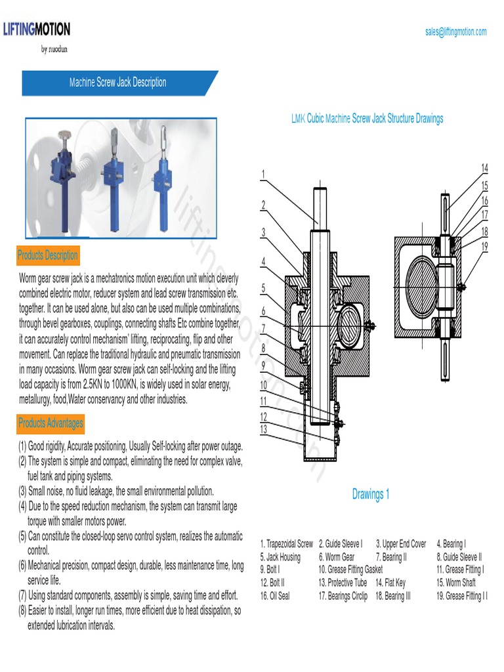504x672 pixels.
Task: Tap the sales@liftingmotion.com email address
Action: click(455, 31)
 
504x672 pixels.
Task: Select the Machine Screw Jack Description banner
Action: click(118, 83)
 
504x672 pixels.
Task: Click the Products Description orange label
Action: click(48, 255)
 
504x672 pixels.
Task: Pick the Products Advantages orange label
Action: click(51, 423)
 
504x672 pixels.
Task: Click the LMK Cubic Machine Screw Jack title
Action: click(367, 119)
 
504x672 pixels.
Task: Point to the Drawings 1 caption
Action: click(370, 494)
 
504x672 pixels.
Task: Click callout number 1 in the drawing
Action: click(262, 175)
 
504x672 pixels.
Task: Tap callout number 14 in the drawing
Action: click(484, 168)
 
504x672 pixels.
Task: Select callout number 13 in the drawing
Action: click(264, 429)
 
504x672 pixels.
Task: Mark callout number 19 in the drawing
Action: click(484, 247)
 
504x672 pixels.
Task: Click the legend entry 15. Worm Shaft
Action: click(455, 582)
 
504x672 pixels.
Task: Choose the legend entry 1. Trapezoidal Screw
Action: click(286, 544)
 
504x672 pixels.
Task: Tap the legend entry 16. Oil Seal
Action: click(275, 596)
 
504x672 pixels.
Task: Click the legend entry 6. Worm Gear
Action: click(337, 557)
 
